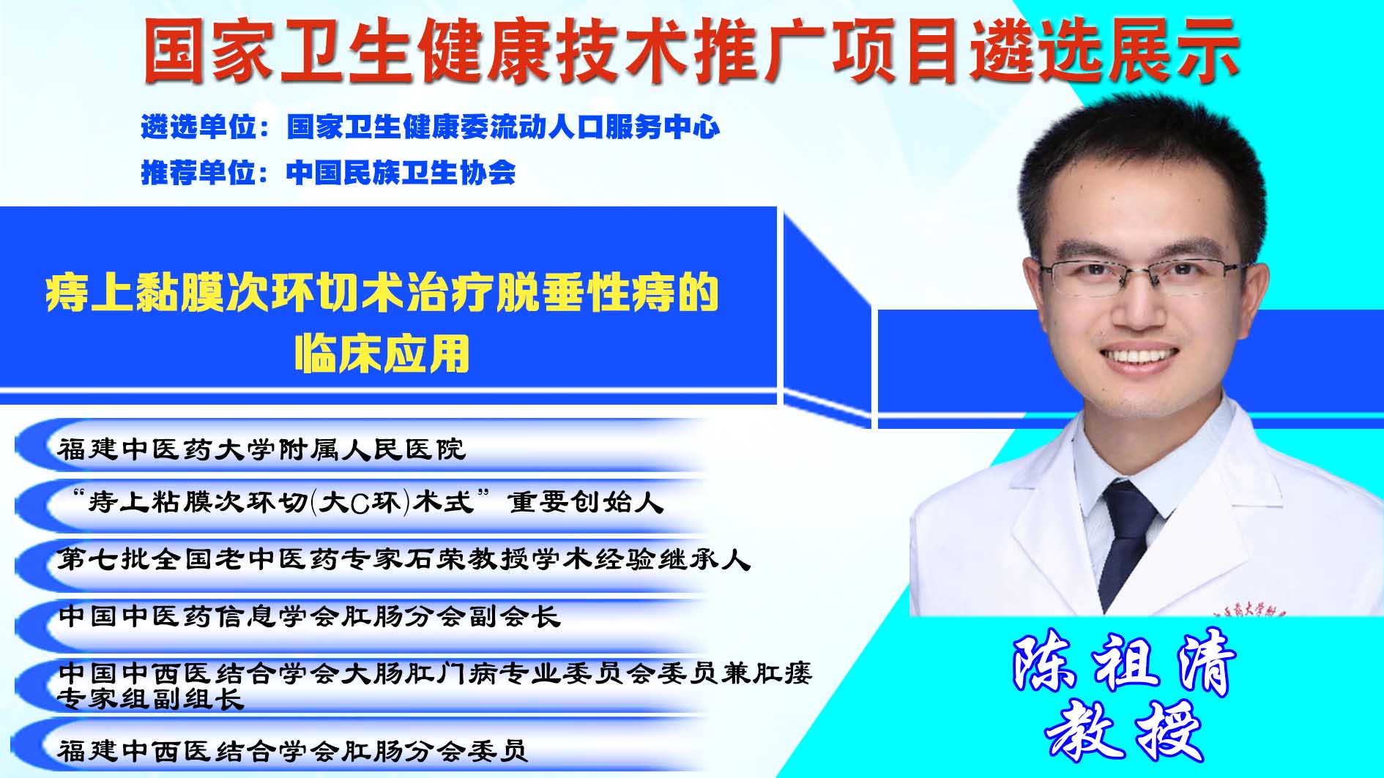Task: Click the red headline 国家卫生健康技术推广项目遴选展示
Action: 691,51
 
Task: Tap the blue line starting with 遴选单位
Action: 431,127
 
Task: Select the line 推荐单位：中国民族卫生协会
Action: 328,173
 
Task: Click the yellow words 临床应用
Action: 382,354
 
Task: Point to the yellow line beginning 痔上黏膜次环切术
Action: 382,293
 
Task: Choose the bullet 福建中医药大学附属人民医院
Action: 261,449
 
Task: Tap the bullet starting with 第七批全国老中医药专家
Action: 404,560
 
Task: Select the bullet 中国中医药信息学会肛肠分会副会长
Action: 310,616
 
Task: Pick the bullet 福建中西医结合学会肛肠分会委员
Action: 293,750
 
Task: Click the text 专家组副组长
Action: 151,699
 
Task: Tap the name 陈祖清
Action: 1123,665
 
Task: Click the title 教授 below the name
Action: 1125,730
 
